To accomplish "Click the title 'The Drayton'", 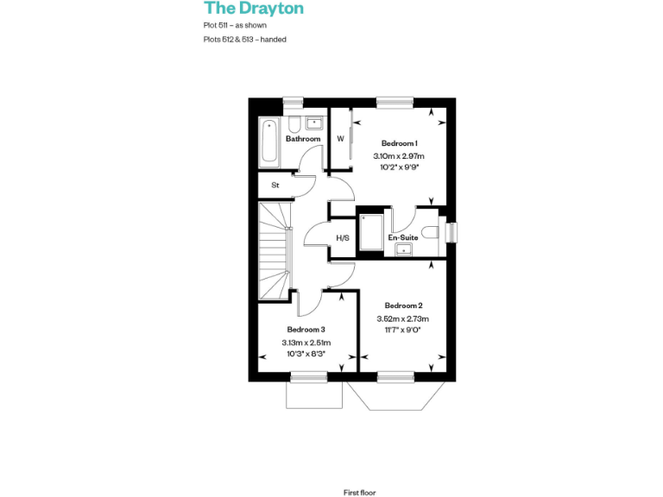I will point(254,9).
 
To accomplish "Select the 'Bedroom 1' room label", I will point(400,143).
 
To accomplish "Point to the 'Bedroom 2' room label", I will point(403,305).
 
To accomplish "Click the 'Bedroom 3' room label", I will point(306,330).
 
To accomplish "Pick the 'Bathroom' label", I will point(303,139).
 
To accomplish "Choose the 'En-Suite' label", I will point(403,236).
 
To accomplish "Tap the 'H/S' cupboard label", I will point(342,238).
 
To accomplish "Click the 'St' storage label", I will point(275,186).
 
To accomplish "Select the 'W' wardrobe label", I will point(340,138).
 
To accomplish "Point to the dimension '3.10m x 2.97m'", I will point(400,156).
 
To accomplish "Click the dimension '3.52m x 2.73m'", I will point(403,318).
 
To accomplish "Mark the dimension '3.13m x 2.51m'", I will point(306,343).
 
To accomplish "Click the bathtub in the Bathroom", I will point(269,143).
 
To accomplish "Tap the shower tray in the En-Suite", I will point(371,231).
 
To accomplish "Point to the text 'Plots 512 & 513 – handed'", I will point(245,40).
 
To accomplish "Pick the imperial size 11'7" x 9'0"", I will point(403,330).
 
